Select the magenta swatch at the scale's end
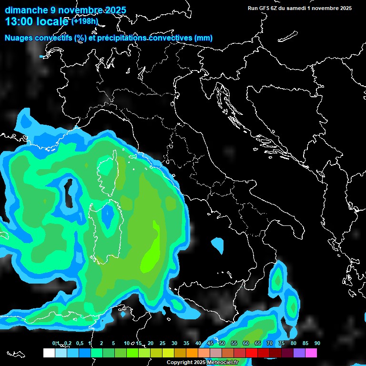pos(311,353)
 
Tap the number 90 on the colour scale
pos(317,343)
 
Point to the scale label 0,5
pos(79,343)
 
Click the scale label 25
pos(163,343)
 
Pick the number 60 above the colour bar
pos(246,343)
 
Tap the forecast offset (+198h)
pos(85,21)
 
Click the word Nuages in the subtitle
pos(19,38)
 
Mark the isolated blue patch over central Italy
pos(217,245)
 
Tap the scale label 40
pos(198,343)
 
